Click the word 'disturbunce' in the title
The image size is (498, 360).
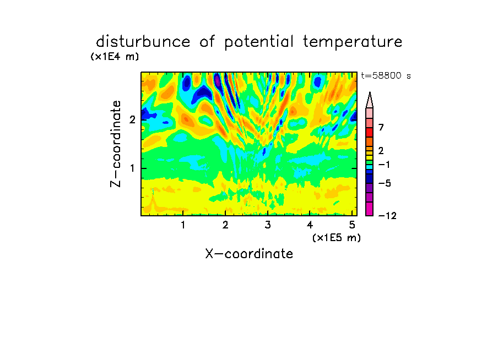pyautogui.click(x=143, y=42)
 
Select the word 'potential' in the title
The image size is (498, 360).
pyautogui.click(x=259, y=42)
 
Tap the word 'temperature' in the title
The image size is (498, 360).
pyautogui.click(x=353, y=42)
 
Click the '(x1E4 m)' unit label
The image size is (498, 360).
pyautogui.click(x=115, y=57)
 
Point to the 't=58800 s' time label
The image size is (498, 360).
pyautogui.click(x=386, y=76)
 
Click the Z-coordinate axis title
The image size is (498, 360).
pyautogui.click(x=116, y=144)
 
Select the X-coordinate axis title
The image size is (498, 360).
pyautogui.click(x=249, y=254)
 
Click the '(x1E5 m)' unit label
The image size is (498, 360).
pyautogui.click(x=337, y=238)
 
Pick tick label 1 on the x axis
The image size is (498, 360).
pyautogui.click(x=183, y=225)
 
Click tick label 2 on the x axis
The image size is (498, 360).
pyautogui.click(x=225, y=225)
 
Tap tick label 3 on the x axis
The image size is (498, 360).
pyautogui.click(x=268, y=225)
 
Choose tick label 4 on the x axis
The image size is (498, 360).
pyautogui.click(x=310, y=225)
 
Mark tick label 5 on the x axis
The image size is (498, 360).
pyautogui.click(x=352, y=225)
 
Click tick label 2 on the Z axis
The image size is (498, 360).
pyautogui.click(x=132, y=120)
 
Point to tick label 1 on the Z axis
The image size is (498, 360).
pyautogui.click(x=132, y=168)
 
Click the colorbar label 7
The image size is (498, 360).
pyautogui.click(x=381, y=127)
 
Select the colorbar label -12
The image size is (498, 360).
pyautogui.click(x=387, y=216)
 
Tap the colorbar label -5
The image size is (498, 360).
pyautogui.click(x=385, y=183)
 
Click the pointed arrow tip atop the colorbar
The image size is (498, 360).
pyautogui.click(x=370, y=92)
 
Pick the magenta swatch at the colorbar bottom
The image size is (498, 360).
pyautogui.click(x=370, y=209)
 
